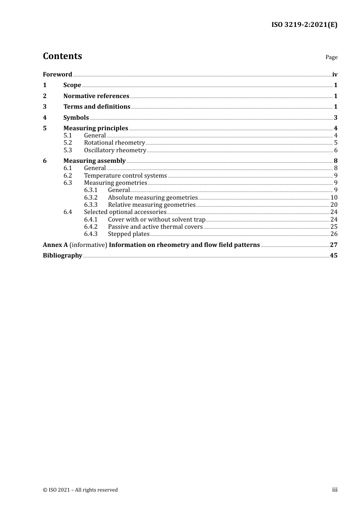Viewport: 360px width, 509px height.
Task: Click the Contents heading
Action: click(62, 56)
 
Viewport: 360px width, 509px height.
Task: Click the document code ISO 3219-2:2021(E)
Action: click(304, 25)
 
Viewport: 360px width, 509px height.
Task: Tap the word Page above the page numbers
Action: click(331, 57)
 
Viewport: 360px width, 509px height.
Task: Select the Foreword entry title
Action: click(57, 74)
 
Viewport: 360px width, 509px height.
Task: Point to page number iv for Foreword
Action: click(335, 74)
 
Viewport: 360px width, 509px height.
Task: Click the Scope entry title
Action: click(72, 85)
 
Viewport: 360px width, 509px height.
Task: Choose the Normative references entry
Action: click(96, 96)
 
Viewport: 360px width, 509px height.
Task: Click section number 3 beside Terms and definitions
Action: click(45, 107)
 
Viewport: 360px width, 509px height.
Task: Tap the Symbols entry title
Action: click(76, 117)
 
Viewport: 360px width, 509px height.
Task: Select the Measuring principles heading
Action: click(95, 128)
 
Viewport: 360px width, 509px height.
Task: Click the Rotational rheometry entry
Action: click(114, 143)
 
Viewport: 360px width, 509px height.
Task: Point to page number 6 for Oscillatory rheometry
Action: click(335, 150)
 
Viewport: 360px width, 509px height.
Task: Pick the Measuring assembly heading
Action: click(94, 161)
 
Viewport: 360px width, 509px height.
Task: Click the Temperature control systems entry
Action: click(125, 176)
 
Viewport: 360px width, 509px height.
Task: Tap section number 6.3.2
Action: click(91, 197)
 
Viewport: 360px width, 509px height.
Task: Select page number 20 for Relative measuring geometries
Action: click(333, 205)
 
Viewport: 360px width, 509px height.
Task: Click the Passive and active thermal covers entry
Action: click(155, 227)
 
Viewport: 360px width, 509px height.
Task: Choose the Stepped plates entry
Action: click(128, 234)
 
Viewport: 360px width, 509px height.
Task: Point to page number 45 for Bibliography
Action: click(333, 255)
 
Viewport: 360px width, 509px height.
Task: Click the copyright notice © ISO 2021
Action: click(80, 490)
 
